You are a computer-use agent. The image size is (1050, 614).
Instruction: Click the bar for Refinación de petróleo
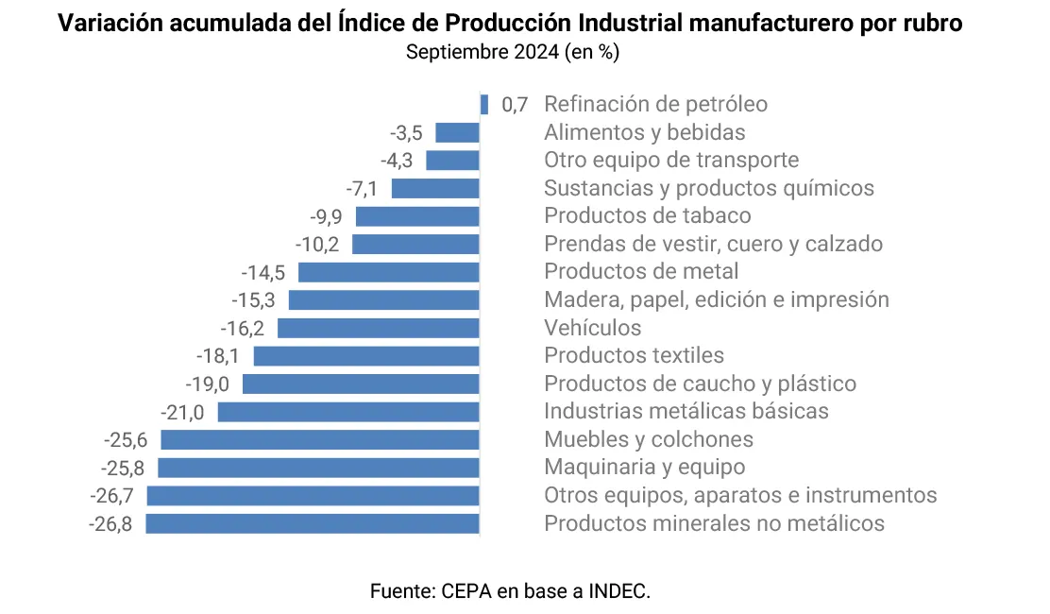[484, 105]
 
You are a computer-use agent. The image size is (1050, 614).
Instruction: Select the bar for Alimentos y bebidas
[457, 133]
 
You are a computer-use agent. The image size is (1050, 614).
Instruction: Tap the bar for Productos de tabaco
[417, 216]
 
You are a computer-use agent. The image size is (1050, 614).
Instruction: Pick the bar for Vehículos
[379, 328]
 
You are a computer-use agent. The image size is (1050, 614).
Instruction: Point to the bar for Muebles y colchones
[320, 439]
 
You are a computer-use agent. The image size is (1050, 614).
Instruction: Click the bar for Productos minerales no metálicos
[313, 523]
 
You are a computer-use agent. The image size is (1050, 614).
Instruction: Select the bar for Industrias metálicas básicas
[348, 412]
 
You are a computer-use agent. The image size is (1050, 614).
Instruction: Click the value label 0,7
[515, 105]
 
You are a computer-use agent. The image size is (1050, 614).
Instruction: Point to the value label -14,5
[263, 272]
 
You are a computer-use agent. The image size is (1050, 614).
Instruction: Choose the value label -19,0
[208, 384]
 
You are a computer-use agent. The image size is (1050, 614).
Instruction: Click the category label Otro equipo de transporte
[671, 160]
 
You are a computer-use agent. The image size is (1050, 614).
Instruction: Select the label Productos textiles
[634, 355]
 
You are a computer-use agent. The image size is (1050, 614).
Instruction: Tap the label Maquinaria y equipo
[644, 467]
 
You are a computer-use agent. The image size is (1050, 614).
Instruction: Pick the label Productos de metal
[641, 271]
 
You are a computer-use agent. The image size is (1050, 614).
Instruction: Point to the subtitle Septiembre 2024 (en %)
[513, 52]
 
